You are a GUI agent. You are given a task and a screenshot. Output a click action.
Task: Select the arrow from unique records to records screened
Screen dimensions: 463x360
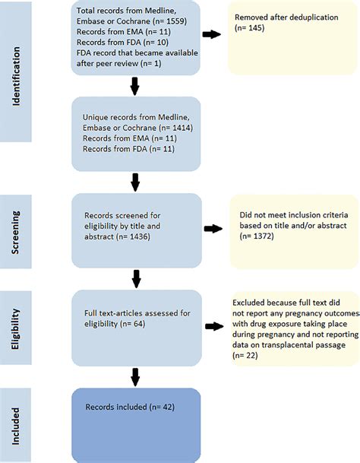tap(135, 182)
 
